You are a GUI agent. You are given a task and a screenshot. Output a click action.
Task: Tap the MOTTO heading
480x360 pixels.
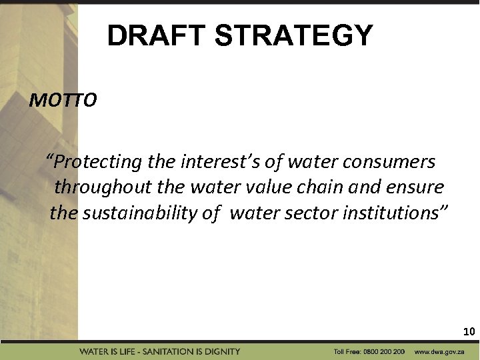click(x=63, y=101)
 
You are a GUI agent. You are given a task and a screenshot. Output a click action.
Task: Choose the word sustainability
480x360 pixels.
click(x=143, y=213)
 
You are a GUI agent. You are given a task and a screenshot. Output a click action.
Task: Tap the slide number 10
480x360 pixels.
click(x=469, y=331)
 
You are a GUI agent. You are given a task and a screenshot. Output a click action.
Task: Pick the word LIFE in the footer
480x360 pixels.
click(x=124, y=351)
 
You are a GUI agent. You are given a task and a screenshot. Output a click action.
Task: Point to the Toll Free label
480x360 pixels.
click(x=347, y=351)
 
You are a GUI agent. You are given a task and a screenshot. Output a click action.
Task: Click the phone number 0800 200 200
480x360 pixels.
click(x=383, y=351)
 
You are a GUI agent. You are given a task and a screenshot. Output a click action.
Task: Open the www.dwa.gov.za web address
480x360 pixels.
click(x=439, y=351)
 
